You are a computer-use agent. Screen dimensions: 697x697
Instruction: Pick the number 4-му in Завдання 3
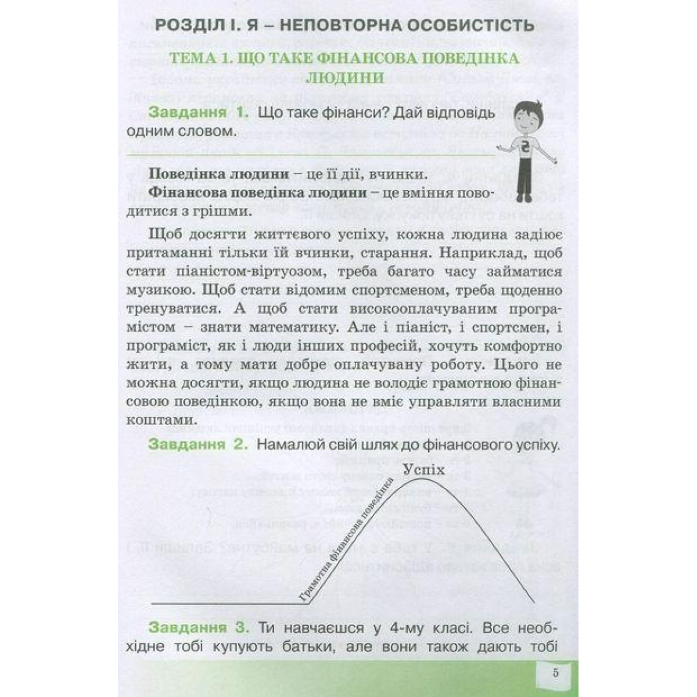pyautogui.click(x=372, y=627)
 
